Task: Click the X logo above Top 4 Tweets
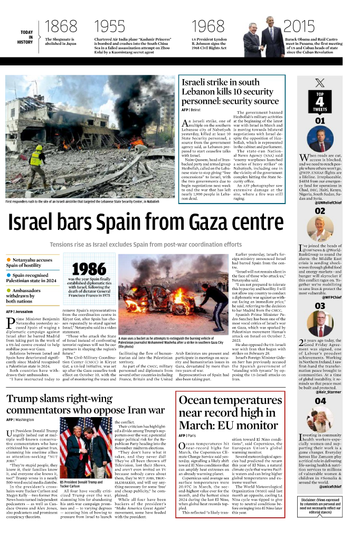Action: tap(320, 82)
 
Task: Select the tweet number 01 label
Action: tap(320, 121)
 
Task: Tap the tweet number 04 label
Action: tap(320, 401)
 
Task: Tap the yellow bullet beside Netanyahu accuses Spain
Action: tap(8, 260)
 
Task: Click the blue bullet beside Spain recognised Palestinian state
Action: tap(8, 275)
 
